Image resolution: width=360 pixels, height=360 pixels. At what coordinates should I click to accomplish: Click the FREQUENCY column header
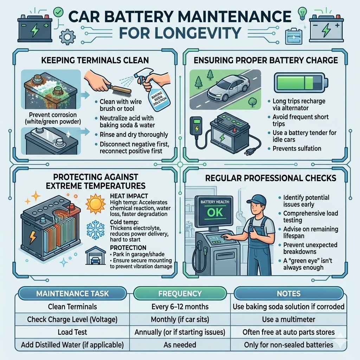(x=180, y=293)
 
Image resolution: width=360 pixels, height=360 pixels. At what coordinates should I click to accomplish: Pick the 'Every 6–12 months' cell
(x=180, y=307)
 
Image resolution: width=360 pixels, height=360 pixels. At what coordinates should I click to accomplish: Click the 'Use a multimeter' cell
(x=288, y=320)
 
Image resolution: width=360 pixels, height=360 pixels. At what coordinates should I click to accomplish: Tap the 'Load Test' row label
(x=72, y=332)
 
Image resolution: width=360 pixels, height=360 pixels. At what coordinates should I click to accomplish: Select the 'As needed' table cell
(x=180, y=345)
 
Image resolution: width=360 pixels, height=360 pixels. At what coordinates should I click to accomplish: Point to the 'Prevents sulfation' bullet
(x=297, y=148)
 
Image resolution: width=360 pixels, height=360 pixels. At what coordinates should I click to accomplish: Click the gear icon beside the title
(x=66, y=36)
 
